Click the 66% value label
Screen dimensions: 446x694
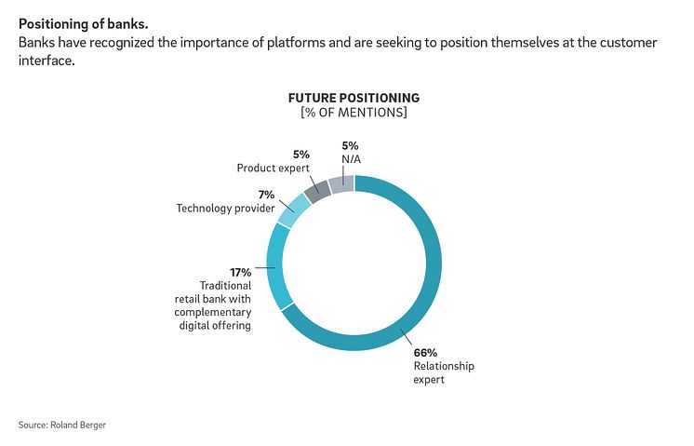pyautogui.click(x=424, y=352)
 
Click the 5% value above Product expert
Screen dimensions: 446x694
pyautogui.click(x=300, y=155)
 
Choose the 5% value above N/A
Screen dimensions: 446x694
pyautogui.click(x=350, y=145)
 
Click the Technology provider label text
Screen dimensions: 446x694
pyautogui.click(x=226, y=209)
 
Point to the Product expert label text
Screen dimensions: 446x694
pyautogui.click(x=273, y=168)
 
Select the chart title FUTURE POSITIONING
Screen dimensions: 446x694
pyautogui.click(x=354, y=98)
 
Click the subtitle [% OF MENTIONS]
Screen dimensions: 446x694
pyautogui.click(x=354, y=113)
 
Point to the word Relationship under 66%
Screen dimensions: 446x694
pyautogui.click(x=444, y=366)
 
